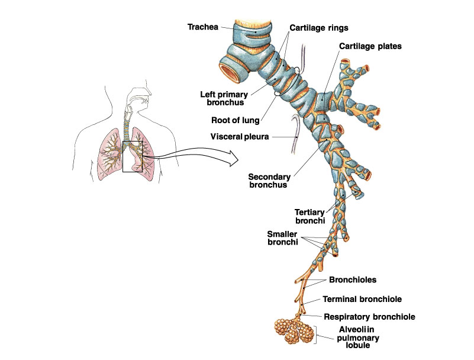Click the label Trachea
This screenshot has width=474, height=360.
[202, 27]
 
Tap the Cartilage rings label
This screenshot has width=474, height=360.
[318, 28]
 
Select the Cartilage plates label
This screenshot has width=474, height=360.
[370, 46]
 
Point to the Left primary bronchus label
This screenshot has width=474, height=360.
[224, 98]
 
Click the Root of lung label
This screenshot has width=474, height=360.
[235, 120]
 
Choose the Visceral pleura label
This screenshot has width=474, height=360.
[240, 137]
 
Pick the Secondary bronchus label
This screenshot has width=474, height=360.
[269, 181]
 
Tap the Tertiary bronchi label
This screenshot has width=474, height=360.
[310, 216]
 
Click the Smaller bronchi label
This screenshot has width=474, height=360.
[282, 238]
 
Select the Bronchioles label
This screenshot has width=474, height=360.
[353, 279]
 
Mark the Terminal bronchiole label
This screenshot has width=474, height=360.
[362, 299]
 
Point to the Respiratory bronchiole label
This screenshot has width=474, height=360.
[369, 317]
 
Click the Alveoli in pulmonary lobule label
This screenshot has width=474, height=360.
[358, 337]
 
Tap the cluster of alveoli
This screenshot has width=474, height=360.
[294, 330]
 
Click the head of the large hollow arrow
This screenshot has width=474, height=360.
[234, 158]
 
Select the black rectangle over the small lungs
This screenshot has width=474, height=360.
[133, 156]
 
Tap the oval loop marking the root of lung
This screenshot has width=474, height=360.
[288, 82]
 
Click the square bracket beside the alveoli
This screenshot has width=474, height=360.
[316, 335]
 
